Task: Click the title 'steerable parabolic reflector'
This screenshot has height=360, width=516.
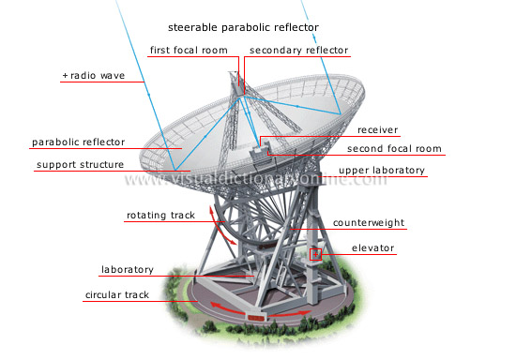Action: [242, 27]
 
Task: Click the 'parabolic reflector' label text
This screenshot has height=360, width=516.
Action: [78, 142]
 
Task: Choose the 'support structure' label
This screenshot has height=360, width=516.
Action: [80, 165]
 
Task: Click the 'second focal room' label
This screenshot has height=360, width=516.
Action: [394, 149]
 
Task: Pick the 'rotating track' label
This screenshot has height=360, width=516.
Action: [160, 216]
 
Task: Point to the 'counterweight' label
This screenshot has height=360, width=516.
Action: [368, 223]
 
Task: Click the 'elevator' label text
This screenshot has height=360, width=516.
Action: [373, 248]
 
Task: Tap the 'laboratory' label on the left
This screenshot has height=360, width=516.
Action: [127, 270]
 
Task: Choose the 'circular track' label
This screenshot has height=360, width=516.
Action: [117, 294]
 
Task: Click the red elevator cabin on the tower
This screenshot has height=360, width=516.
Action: [316, 254]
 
